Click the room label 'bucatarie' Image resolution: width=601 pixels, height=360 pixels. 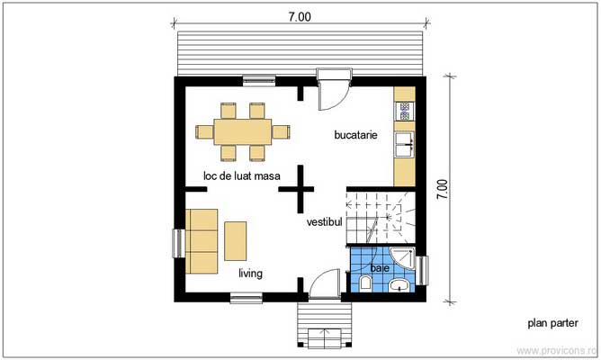tap(354, 136)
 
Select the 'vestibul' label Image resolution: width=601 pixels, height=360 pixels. tap(324, 220)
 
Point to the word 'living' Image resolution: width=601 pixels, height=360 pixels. tap(250, 274)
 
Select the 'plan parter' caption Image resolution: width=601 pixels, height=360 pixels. tap(551, 322)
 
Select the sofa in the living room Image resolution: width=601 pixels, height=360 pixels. tap(202, 240)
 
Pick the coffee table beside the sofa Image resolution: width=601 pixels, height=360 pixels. tap(237, 240)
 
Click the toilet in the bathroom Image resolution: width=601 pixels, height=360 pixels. tap(365, 285)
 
